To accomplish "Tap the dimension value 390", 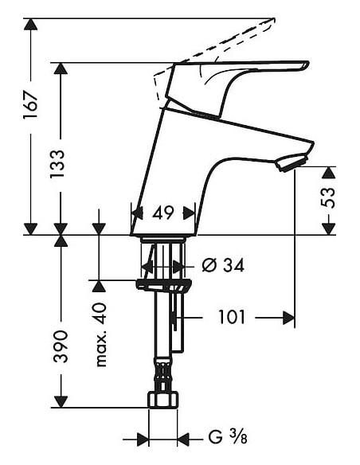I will tap(61, 346).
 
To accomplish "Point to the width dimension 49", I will tap(163, 213).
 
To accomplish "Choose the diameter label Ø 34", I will tap(222, 265).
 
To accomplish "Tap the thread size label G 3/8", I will tap(226, 437).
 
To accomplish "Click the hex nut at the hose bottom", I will tap(163, 398).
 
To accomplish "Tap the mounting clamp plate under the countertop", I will tap(164, 285).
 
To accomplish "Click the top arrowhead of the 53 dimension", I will tap(328, 173).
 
